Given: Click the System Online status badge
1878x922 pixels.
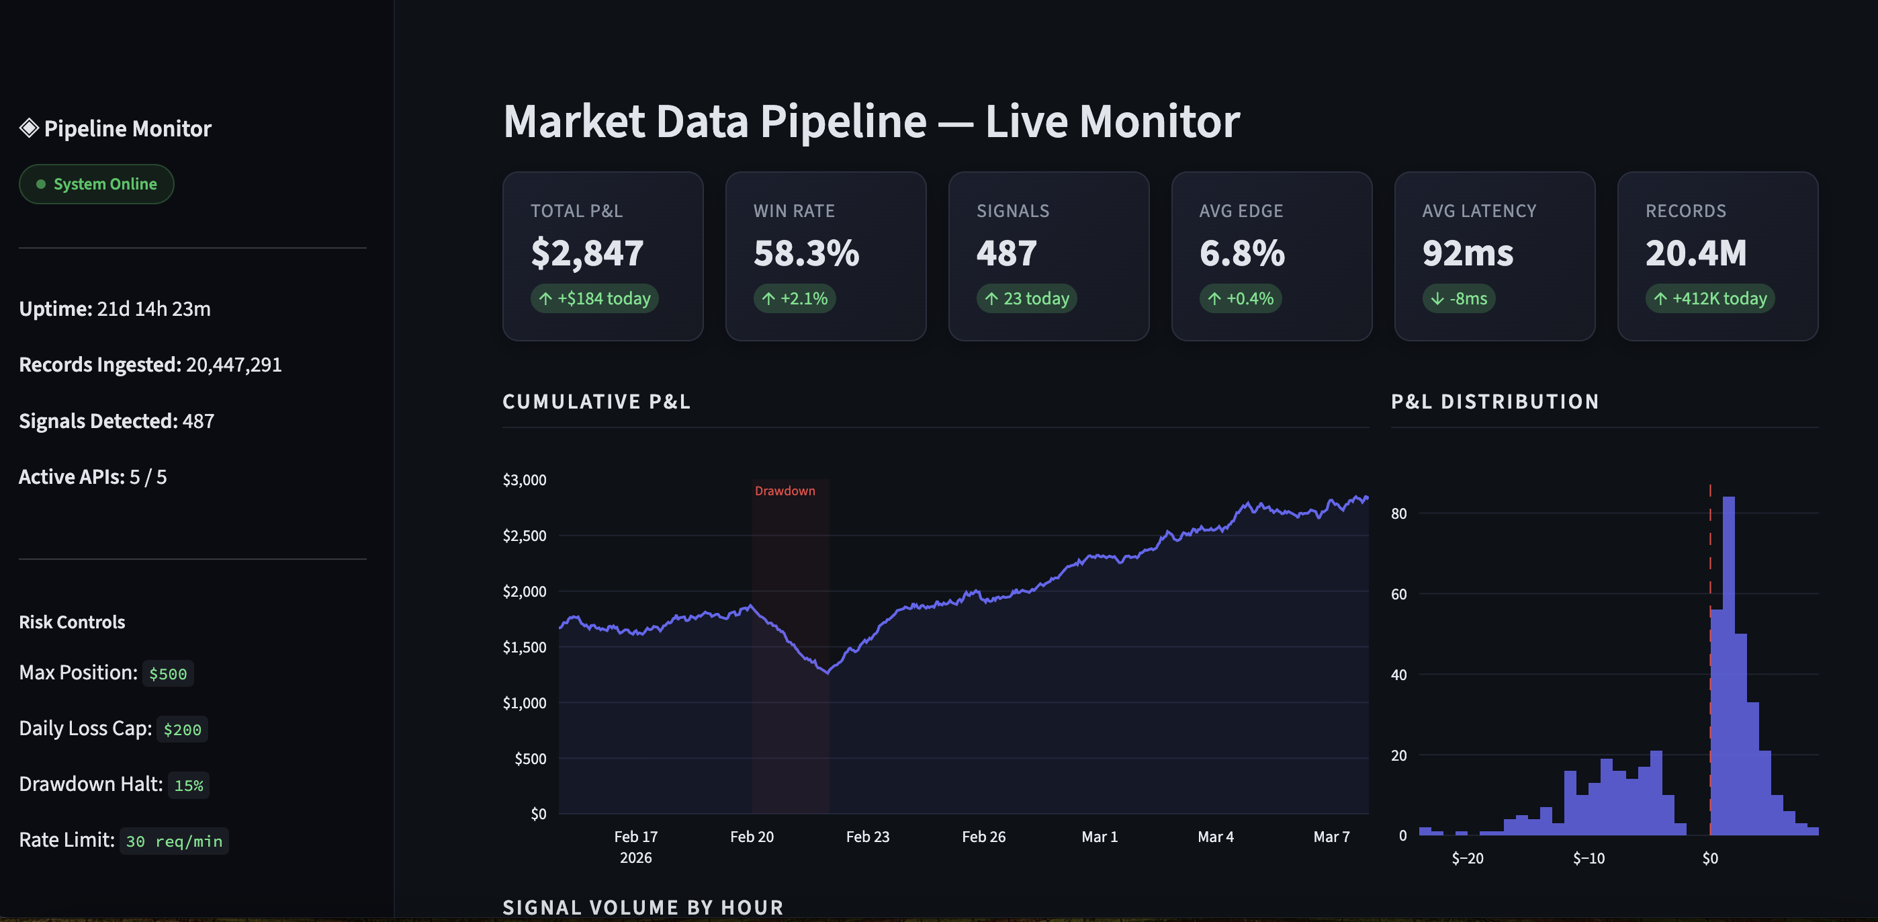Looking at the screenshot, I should click(96, 184).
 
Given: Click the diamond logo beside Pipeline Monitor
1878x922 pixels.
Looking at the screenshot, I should click(29, 128).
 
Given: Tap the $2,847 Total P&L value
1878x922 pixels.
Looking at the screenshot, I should click(587, 253).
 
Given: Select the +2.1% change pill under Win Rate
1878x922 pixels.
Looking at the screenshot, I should click(794, 298).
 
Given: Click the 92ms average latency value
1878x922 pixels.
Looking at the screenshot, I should click(1468, 253).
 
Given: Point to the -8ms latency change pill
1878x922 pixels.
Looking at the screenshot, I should click(1458, 298).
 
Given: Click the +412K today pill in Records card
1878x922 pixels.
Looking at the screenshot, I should click(1709, 298).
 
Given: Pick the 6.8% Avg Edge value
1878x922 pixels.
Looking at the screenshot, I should click(1241, 253).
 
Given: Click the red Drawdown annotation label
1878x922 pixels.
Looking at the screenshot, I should click(785, 491).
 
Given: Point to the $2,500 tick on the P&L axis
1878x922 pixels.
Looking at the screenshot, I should click(524, 536).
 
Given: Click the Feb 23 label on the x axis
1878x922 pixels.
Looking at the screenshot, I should click(868, 837).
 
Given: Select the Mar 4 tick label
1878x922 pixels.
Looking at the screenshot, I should click(1215, 837).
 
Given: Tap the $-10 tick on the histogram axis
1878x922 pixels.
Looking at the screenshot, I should click(1589, 859).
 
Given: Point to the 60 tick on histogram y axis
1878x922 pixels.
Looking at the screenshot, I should click(1398, 595).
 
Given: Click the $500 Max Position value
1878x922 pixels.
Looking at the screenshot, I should click(168, 674).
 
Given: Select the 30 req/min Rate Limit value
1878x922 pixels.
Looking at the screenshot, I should click(173, 841).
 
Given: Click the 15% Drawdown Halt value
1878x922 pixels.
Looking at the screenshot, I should click(188, 786).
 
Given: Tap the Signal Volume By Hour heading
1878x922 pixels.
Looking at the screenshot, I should click(642, 907).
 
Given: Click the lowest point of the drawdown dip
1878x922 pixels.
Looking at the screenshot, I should click(828, 673).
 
